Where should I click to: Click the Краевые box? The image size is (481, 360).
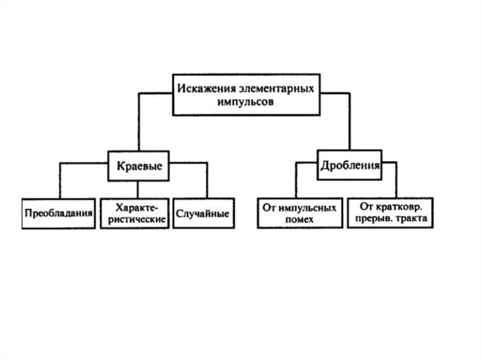pyautogui.click(x=138, y=166)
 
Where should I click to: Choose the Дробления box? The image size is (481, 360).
pyautogui.click(x=349, y=165)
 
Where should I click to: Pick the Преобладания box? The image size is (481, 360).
pyautogui.click(x=58, y=214)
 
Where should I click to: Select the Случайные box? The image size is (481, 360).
pyautogui.click(x=203, y=214)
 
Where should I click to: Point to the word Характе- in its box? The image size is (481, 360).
pyautogui.click(x=134, y=207)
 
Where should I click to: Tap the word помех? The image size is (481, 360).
pyautogui.click(x=299, y=219)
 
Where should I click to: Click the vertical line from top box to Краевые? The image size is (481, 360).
pyautogui.click(x=139, y=122)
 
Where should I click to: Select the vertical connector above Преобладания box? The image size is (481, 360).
pyautogui.click(x=60, y=181)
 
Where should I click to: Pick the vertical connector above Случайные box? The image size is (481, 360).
pyautogui.click(x=207, y=181)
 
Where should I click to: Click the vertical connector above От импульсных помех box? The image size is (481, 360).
pyautogui.click(x=296, y=180)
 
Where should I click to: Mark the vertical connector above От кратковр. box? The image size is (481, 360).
pyautogui.click(x=396, y=180)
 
